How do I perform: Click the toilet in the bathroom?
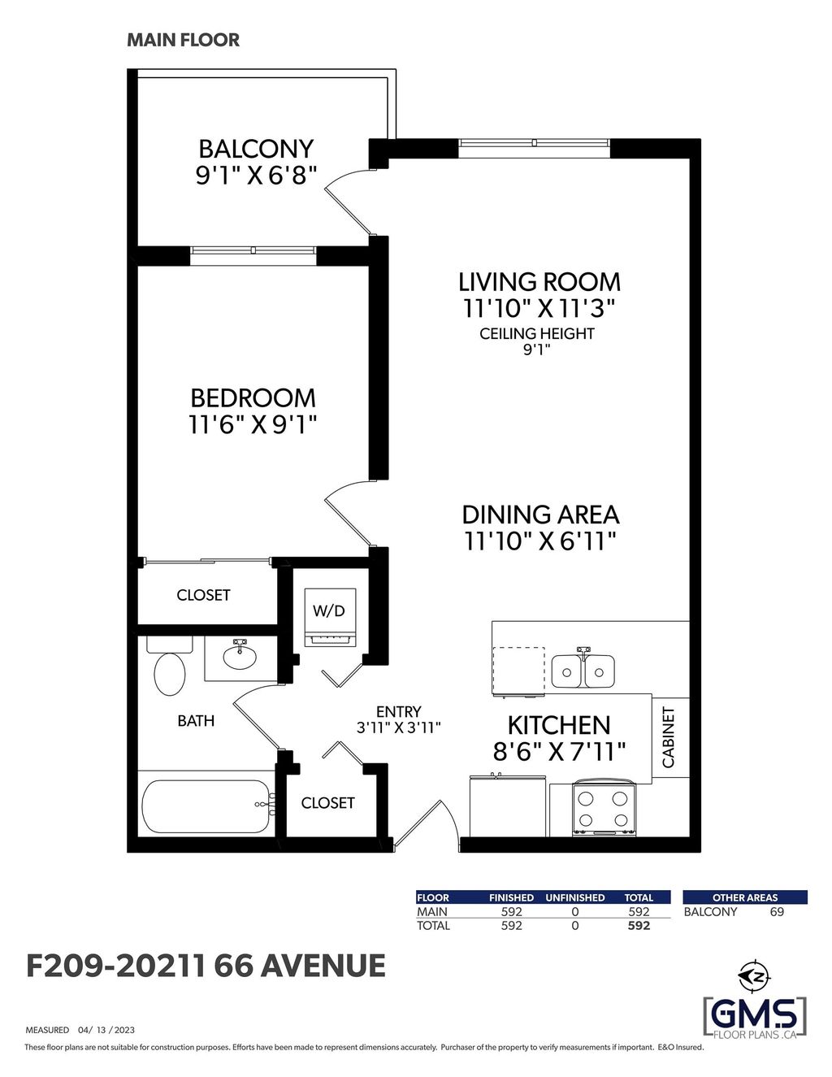pos(169,670)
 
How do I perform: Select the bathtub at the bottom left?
pos(206,806)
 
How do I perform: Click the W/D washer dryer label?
pos(329,610)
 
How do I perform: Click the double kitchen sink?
pos(583,671)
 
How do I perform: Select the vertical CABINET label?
pos(669,737)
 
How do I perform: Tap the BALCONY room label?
pos(256,149)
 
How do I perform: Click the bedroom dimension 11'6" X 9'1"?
pos(253,424)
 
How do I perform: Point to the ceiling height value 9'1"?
pos(536,350)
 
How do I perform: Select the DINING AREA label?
pos(540,515)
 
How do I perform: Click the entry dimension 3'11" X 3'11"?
pos(398,728)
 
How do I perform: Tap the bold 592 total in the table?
pos(639,926)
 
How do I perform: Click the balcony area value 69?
pos(777,912)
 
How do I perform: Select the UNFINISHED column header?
pos(575,897)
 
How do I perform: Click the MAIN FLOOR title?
pos(183,40)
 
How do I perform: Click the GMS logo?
pos(754,1014)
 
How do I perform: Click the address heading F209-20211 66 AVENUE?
pos(206,966)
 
